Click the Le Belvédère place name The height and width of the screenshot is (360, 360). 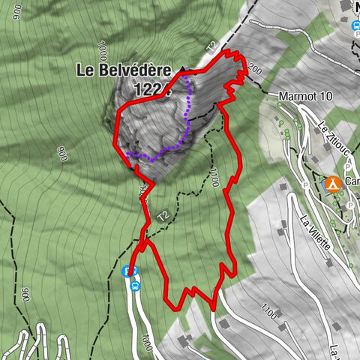124,71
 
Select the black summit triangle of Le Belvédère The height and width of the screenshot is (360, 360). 181,70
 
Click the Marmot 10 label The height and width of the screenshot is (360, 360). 304,97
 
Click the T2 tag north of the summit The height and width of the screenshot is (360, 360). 212,47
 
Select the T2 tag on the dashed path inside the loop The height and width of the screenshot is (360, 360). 163,216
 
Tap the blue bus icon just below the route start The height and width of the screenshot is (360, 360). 135,285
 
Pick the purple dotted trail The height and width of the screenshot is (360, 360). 187,112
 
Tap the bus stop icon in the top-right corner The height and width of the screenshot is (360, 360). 355,25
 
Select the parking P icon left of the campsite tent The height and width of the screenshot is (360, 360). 307,183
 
